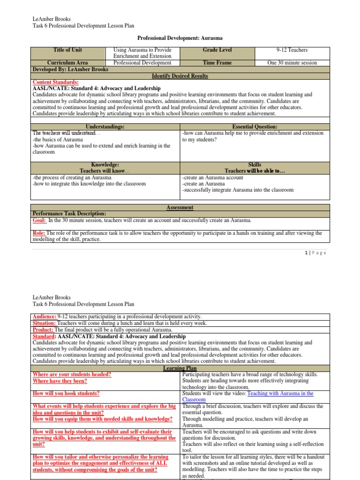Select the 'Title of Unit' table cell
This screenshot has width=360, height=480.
[x=67, y=50]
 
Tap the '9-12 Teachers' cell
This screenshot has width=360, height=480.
[x=292, y=50]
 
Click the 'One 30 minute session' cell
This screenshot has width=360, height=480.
[x=292, y=63]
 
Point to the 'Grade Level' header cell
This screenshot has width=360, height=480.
[x=217, y=50]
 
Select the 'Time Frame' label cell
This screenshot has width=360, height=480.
[x=217, y=63]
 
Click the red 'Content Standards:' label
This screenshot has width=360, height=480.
[x=55, y=82]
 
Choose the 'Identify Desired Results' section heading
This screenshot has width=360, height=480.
[x=180, y=76]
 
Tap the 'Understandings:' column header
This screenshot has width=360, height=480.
[x=105, y=127]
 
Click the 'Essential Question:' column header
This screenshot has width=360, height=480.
[x=255, y=127]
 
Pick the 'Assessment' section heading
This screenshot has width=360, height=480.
[x=180, y=208]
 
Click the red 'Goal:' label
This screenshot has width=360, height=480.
[x=39, y=220]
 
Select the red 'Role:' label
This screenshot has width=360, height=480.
[x=39, y=233]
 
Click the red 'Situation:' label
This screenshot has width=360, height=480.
[x=44, y=323]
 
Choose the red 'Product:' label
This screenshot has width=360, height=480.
[x=42, y=330]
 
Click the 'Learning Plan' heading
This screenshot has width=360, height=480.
[x=180, y=368]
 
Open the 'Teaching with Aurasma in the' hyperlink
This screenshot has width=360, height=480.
[x=280, y=394]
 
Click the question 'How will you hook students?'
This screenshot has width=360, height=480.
[x=66, y=394]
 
